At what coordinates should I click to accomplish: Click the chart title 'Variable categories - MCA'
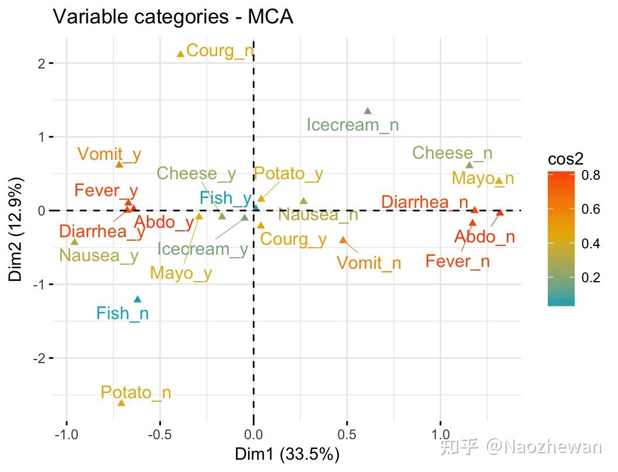(x=173, y=16)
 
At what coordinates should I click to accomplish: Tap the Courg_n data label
(x=220, y=51)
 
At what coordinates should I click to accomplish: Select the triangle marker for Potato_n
(x=122, y=403)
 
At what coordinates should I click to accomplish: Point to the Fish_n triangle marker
(x=138, y=299)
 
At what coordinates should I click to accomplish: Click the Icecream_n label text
(x=352, y=125)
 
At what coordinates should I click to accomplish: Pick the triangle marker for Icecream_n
(x=368, y=111)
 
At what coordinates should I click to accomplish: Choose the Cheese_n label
(x=452, y=153)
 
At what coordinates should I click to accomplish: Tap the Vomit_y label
(x=109, y=155)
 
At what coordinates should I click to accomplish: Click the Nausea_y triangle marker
(x=74, y=241)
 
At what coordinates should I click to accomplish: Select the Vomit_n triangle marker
(x=343, y=240)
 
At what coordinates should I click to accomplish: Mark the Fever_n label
(x=458, y=261)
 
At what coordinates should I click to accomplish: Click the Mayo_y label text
(x=181, y=273)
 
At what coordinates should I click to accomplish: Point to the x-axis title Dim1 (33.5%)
(x=287, y=454)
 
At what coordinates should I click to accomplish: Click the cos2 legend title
(x=565, y=160)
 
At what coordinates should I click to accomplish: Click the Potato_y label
(x=288, y=174)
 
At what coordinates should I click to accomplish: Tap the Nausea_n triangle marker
(x=303, y=201)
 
